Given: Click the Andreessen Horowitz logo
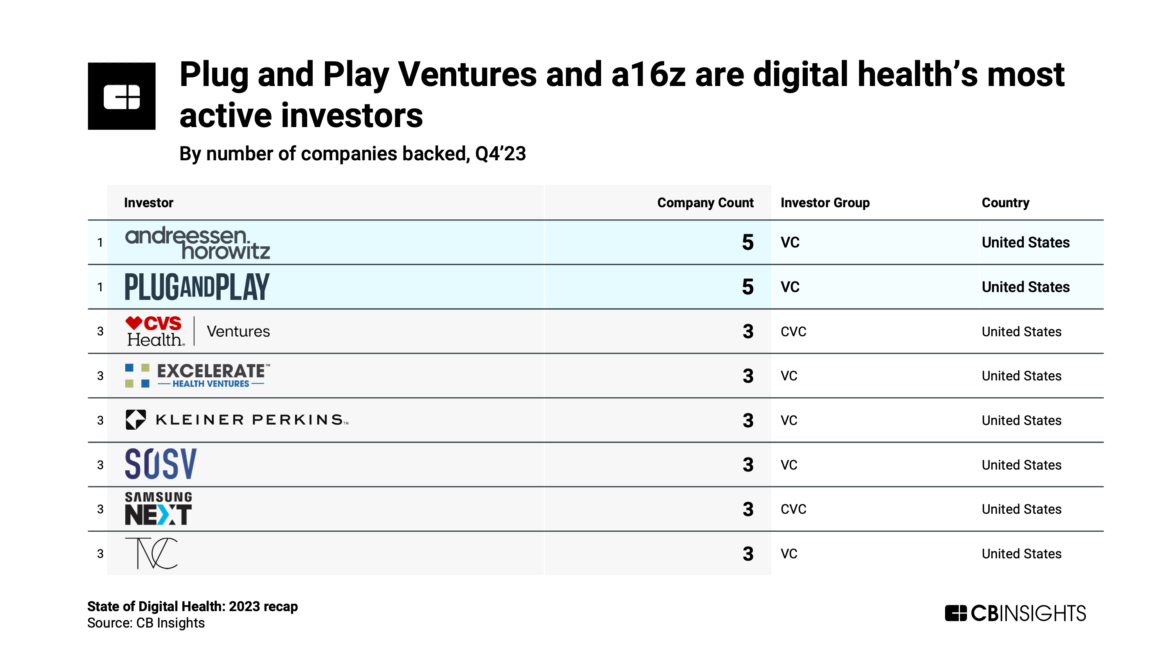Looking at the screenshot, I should coord(197,243).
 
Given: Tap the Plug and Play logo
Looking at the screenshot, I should coord(197,287).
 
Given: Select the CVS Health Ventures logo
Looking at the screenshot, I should coord(197,331).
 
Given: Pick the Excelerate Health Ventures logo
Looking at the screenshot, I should coord(197,375).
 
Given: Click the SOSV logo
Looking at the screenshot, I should coord(160,464).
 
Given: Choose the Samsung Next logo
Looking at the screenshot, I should coord(158,508).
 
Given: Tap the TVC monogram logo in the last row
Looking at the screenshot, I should coord(151,553).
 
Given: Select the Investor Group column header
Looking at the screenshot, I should coord(825,203).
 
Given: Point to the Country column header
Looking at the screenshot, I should coord(1005,203).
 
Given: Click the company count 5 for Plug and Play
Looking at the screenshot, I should coord(747,287).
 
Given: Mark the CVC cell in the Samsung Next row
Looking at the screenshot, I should coord(793,509).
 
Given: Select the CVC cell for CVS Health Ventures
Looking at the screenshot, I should coord(793,332).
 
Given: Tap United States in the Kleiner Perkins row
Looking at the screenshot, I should coord(1021,420).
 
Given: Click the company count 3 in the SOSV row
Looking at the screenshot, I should coord(747,465).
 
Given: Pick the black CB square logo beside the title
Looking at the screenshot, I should coord(122,96).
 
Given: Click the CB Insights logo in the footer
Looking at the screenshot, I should coord(1015,613).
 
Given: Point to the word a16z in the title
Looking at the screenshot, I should coord(648,74).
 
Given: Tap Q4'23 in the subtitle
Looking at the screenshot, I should coord(500,154).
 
